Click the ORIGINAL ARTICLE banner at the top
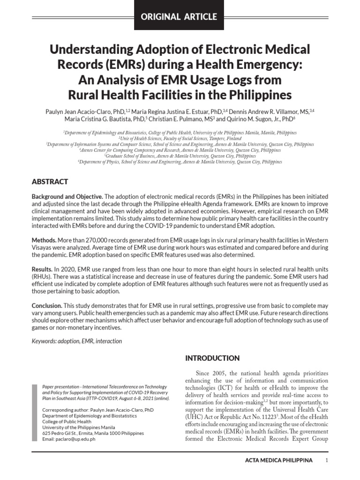coord(180,17)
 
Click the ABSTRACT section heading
coord(50,181)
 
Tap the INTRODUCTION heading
coord(213,358)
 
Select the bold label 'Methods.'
coord(44,240)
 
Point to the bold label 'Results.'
coord(42,270)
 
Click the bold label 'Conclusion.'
coord(47,306)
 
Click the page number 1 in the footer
coord(326,460)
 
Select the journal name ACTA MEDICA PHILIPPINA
coord(278,460)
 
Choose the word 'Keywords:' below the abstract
coord(44,341)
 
